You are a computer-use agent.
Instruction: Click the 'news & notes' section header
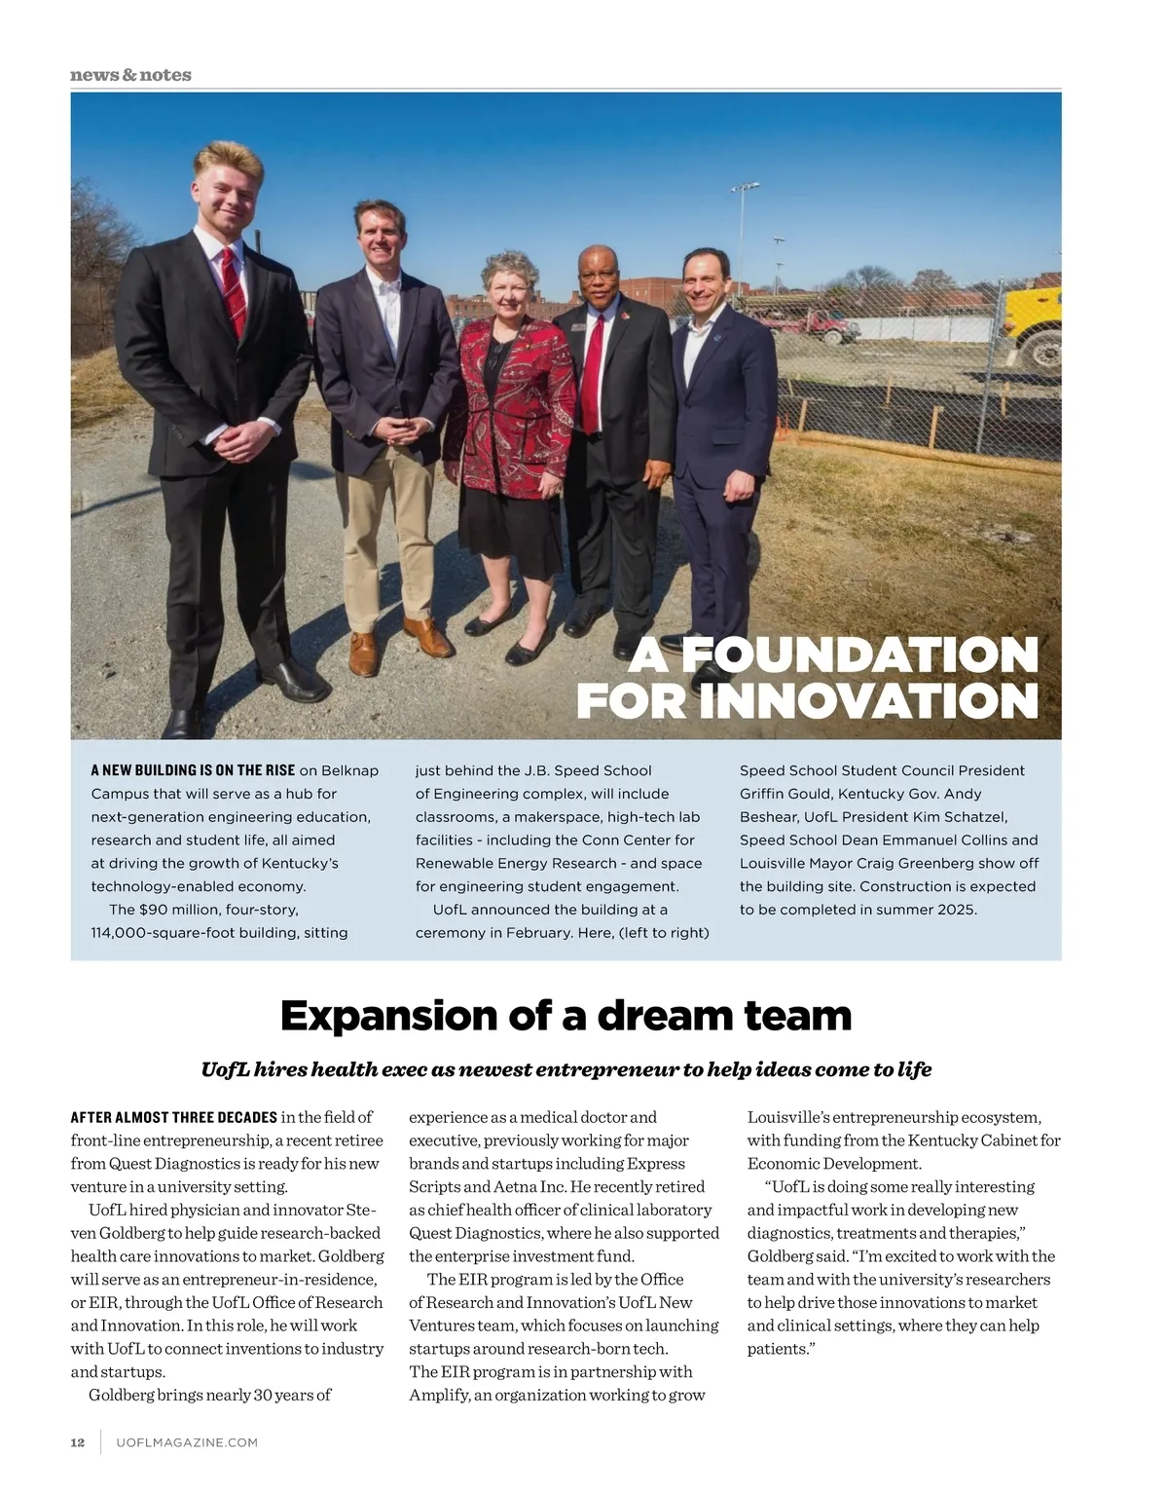point(130,75)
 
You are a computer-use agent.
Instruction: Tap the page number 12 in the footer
point(78,1442)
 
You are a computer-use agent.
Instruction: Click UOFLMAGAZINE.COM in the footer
point(187,1442)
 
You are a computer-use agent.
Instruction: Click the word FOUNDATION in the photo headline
point(859,654)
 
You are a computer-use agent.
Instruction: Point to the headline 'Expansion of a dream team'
point(566,1016)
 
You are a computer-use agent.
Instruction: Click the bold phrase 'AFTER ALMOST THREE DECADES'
point(174,1117)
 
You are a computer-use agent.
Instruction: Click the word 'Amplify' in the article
point(438,1395)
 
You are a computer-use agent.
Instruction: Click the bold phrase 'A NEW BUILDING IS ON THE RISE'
point(193,770)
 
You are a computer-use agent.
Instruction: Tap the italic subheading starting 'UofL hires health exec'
point(566,1069)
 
